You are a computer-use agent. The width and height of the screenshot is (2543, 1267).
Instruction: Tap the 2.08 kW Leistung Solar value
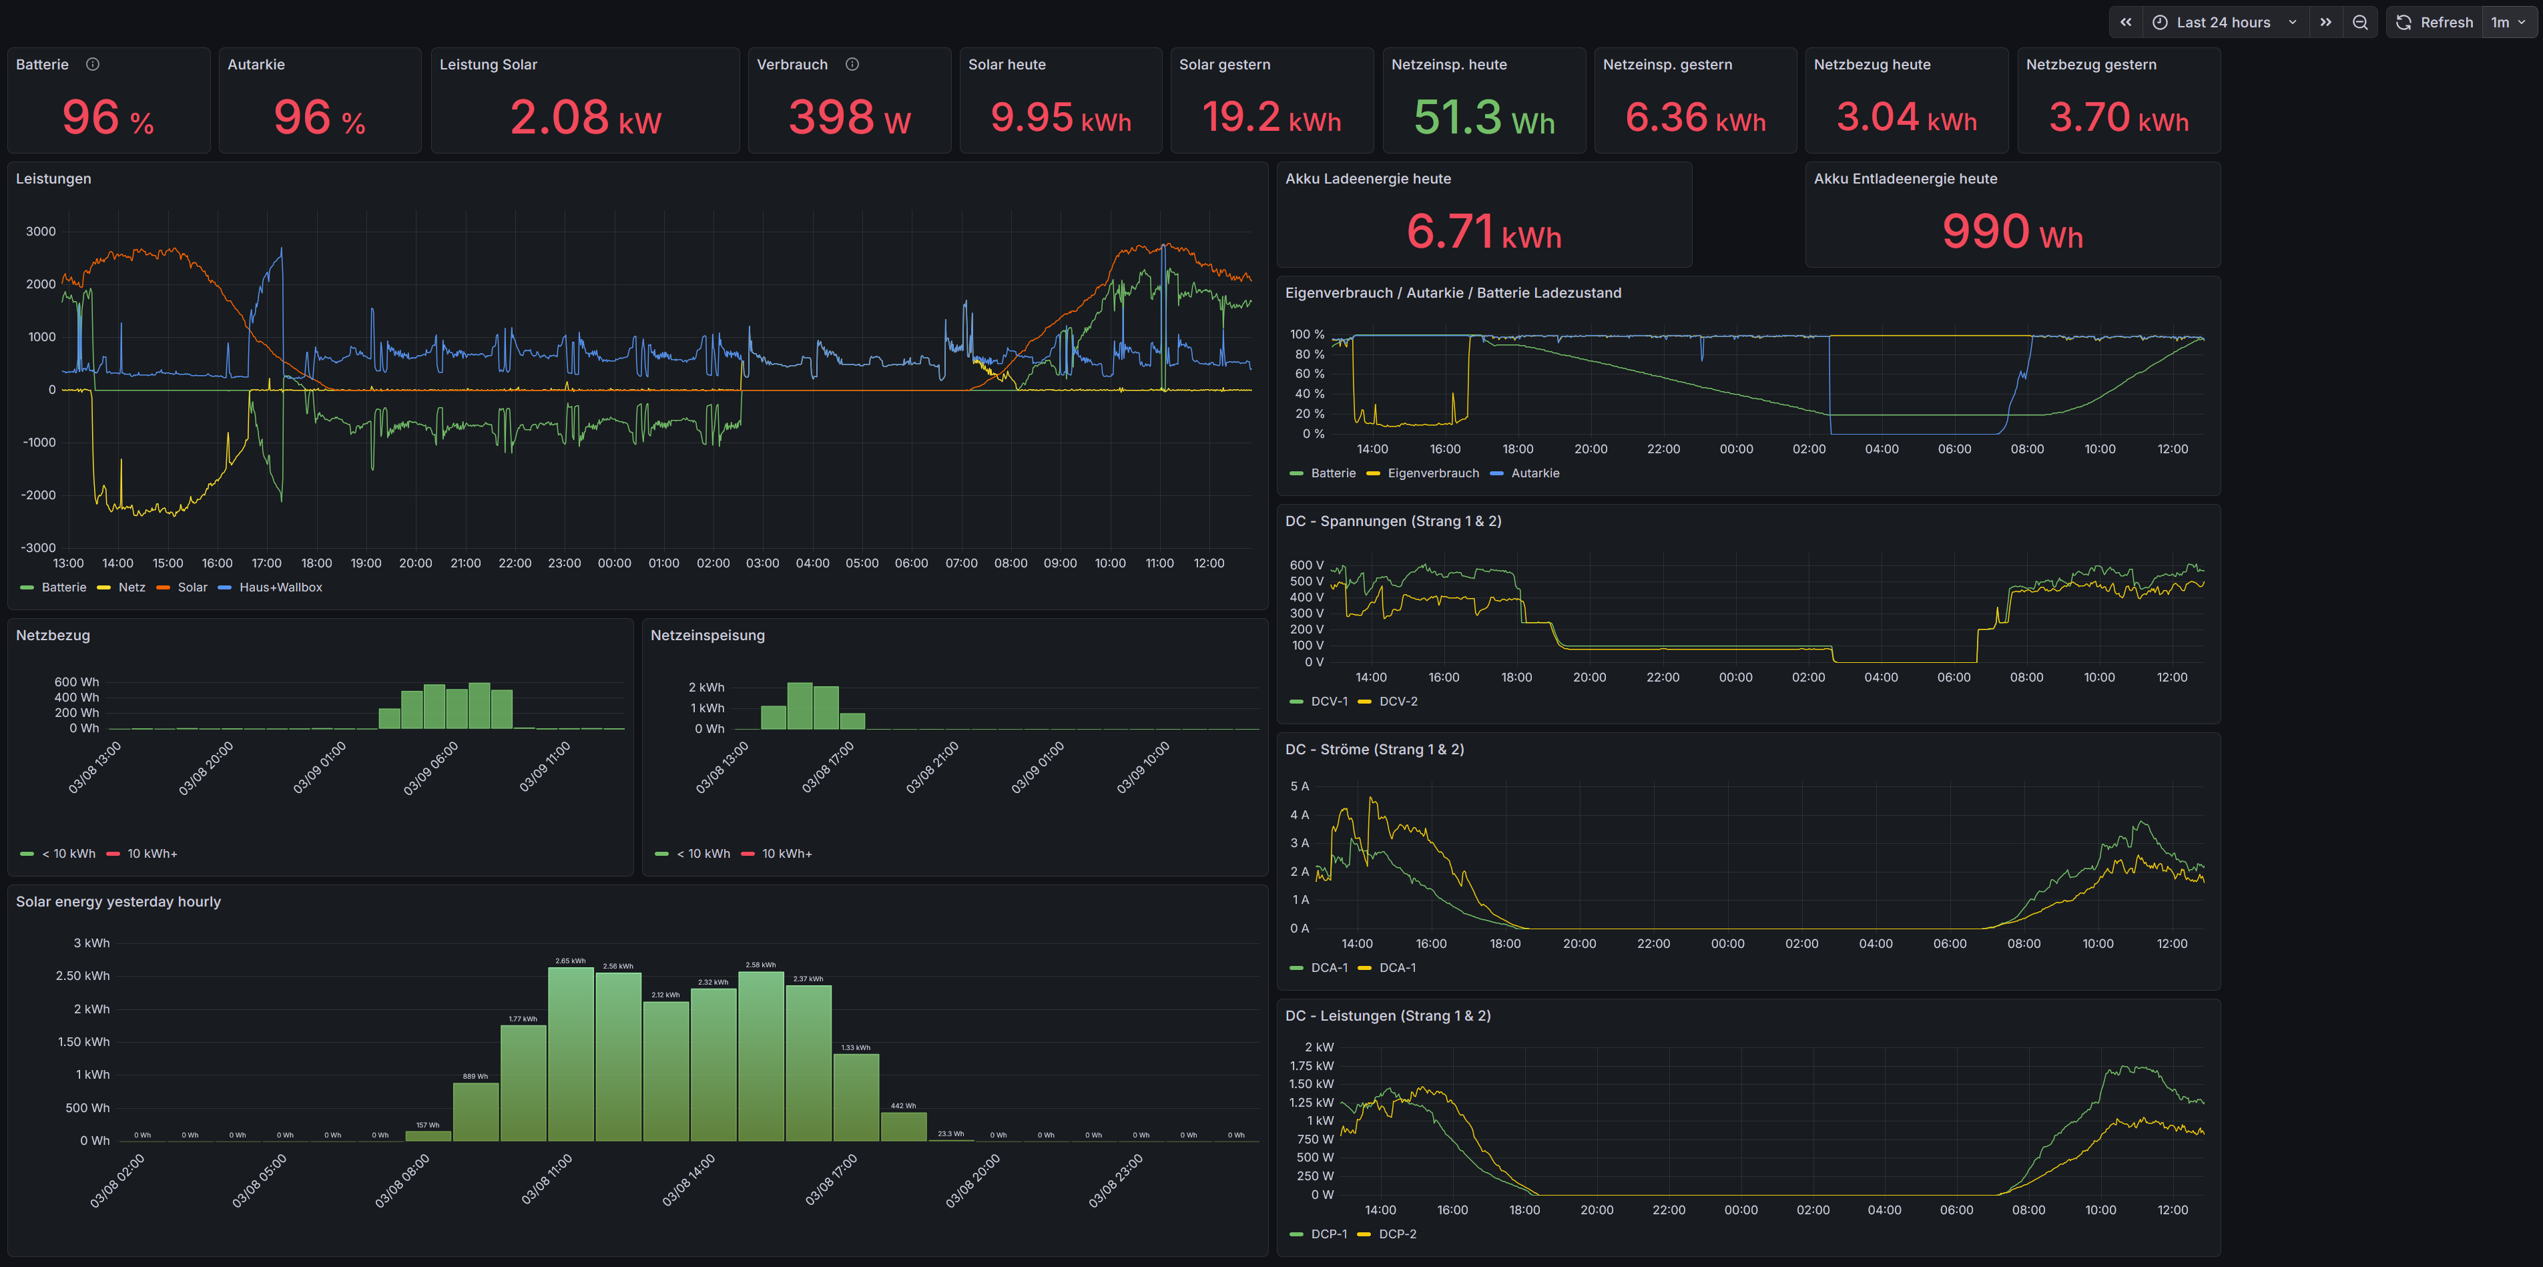(585, 117)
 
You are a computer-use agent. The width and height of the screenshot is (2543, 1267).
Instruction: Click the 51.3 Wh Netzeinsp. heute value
(1484, 117)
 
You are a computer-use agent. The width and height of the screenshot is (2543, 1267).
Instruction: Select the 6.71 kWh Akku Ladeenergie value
(1484, 232)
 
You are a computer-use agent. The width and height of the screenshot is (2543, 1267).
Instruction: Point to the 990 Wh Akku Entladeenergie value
(2012, 232)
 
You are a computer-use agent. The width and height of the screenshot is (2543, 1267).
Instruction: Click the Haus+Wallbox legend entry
(280, 587)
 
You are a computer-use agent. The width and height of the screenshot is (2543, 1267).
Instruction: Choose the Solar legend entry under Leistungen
(192, 587)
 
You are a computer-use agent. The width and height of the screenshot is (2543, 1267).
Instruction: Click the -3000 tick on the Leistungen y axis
(39, 548)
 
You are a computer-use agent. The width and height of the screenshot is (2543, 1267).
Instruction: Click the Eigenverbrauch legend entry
(1432, 474)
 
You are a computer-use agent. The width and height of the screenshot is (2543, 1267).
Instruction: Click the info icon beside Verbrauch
(852, 64)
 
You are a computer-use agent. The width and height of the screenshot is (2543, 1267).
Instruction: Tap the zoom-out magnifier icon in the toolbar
(2360, 22)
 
